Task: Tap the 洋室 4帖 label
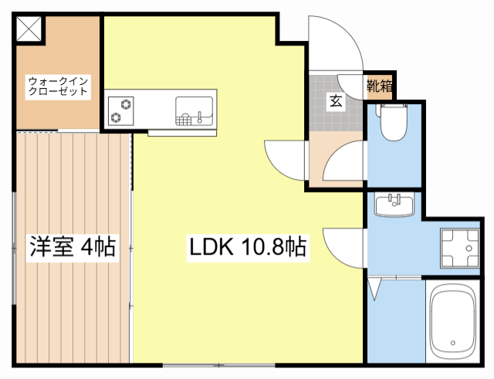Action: click(73, 247)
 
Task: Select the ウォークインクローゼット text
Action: click(58, 86)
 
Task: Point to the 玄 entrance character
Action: click(337, 100)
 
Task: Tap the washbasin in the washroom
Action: click(394, 205)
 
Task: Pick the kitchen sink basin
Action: click(194, 110)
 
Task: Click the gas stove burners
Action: click(121, 110)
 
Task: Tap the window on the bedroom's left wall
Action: click(15, 247)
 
